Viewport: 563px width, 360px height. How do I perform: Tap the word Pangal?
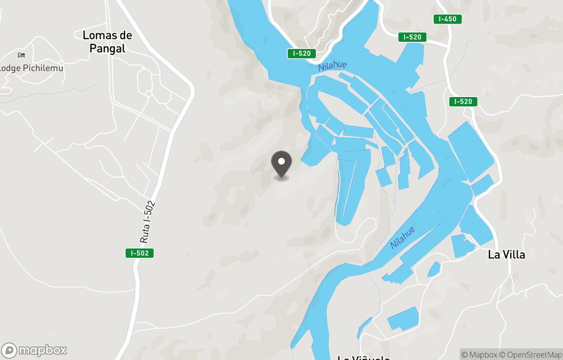click(107, 49)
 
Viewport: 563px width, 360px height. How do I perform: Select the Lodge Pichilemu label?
click(31, 68)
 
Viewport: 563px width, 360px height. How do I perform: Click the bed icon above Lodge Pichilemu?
click(21, 55)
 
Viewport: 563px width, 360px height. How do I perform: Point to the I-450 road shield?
click(447, 19)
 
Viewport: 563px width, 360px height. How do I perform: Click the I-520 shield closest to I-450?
click(412, 37)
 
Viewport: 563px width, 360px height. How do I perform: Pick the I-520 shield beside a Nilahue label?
click(302, 53)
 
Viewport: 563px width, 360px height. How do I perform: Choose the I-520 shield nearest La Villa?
click(463, 102)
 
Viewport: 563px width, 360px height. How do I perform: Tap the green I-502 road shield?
click(140, 253)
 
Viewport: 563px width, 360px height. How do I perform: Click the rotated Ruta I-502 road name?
click(148, 222)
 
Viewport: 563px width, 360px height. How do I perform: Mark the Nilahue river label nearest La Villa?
click(403, 237)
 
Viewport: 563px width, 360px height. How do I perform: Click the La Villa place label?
click(506, 255)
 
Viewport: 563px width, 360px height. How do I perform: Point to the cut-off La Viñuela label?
click(363, 357)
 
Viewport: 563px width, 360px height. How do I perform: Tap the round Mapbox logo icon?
click(9, 350)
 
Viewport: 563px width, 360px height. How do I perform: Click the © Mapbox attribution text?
click(479, 355)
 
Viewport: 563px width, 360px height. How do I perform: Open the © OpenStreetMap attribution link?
click(530, 355)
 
